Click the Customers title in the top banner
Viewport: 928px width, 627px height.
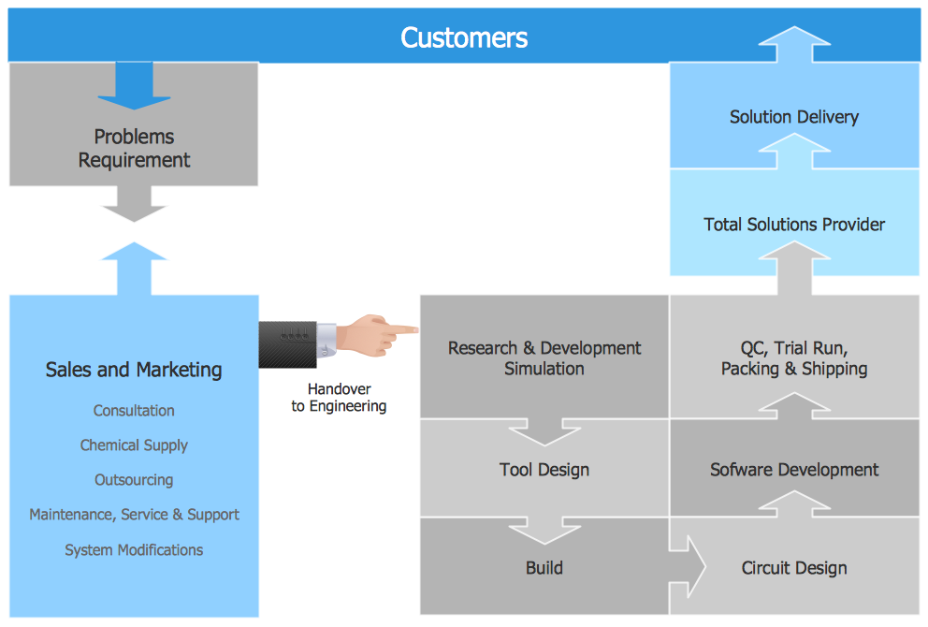(464, 37)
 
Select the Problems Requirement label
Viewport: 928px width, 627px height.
(134, 149)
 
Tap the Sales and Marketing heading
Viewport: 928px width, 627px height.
(134, 370)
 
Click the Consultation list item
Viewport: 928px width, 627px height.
(134, 411)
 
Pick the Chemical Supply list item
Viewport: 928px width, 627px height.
(134, 445)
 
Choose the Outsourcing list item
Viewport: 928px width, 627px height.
(134, 480)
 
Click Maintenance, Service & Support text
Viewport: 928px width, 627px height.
(134, 515)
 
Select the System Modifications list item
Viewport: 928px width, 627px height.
(134, 550)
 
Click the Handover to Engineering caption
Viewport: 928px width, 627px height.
(339, 398)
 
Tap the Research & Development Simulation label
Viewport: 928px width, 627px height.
(544, 358)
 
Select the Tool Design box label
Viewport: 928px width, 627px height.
(544, 470)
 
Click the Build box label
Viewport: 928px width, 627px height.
(544, 568)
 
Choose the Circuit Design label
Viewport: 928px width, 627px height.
(794, 568)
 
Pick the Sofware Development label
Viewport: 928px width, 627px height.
(794, 470)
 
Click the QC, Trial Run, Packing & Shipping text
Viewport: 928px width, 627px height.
(794, 358)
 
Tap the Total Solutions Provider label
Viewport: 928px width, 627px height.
(794, 225)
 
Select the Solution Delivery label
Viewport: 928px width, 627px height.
(794, 117)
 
